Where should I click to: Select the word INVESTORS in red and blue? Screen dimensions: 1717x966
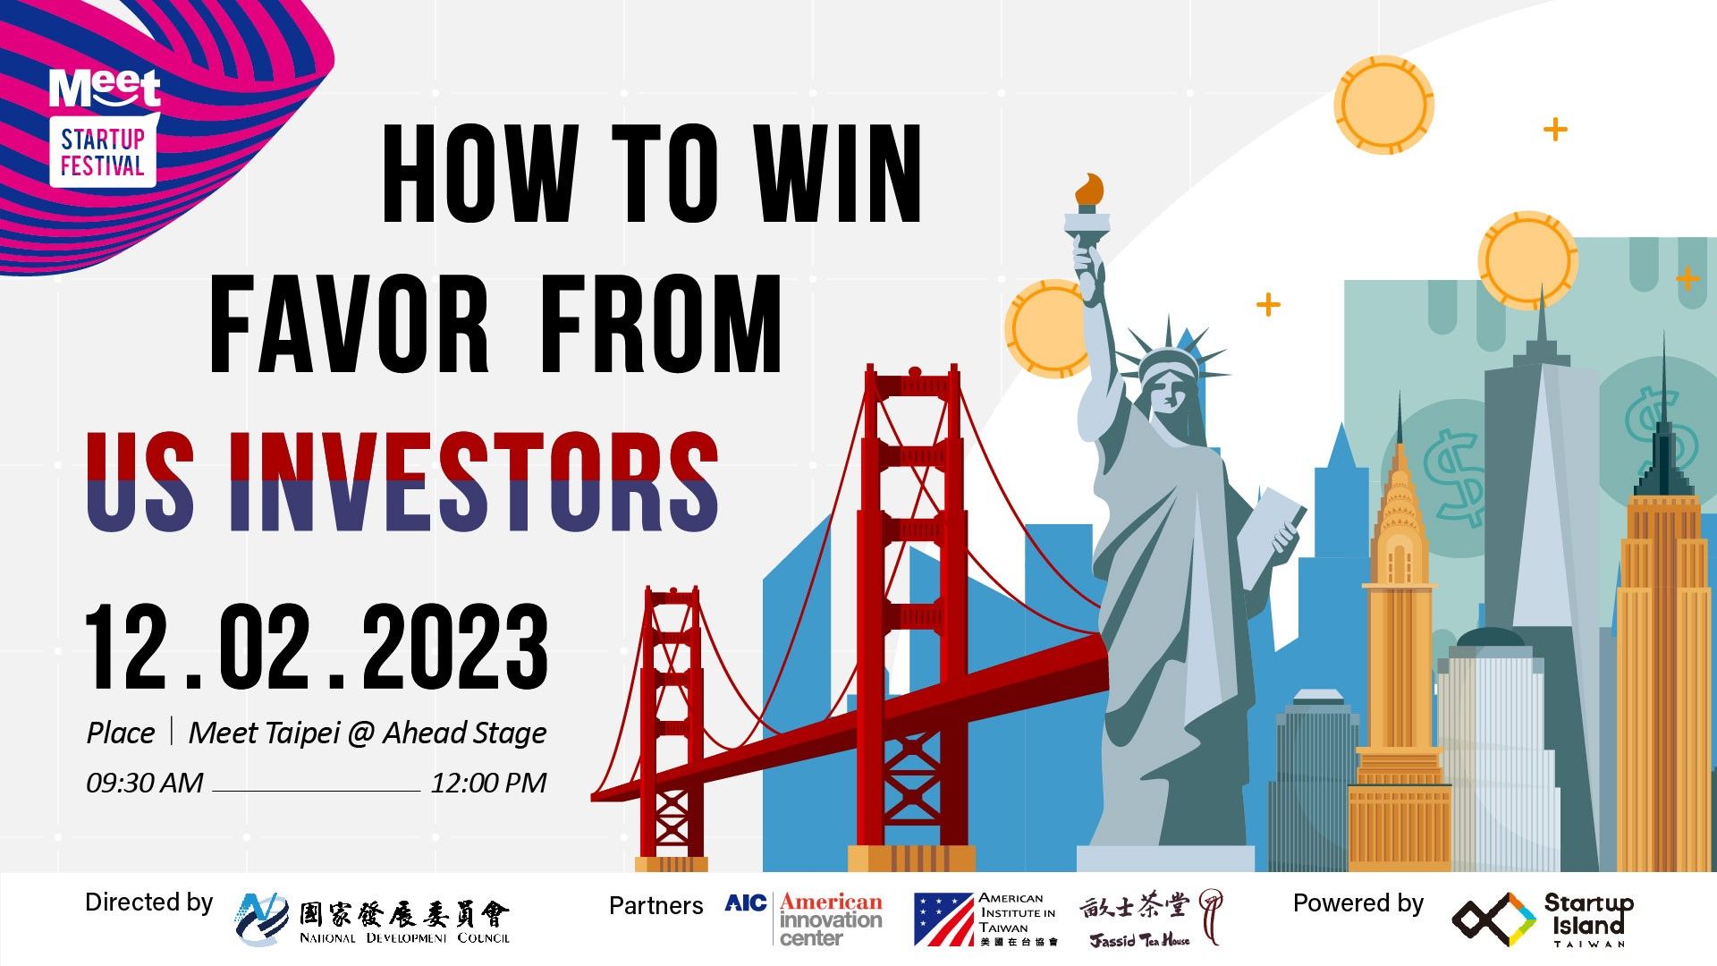tap(474, 482)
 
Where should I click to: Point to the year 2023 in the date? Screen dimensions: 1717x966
tap(456, 646)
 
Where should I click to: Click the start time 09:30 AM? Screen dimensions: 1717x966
tap(145, 783)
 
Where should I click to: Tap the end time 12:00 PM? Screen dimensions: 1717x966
tap(488, 783)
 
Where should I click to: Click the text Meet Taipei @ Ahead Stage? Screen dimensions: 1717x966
tap(368, 733)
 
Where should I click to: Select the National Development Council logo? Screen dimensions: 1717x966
tap(373, 919)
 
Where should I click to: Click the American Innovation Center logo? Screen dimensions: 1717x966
tap(803, 919)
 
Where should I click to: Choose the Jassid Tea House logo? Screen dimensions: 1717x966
tap(1150, 919)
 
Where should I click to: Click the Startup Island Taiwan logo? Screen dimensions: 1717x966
tap(1542, 919)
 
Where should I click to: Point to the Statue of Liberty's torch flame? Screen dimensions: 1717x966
tap(1089, 190)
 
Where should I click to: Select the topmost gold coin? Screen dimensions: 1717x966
tap(1383, 105)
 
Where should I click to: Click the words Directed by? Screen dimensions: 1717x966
tap(149, 902)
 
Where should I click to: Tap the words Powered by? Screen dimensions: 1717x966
tap(1358, 904)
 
